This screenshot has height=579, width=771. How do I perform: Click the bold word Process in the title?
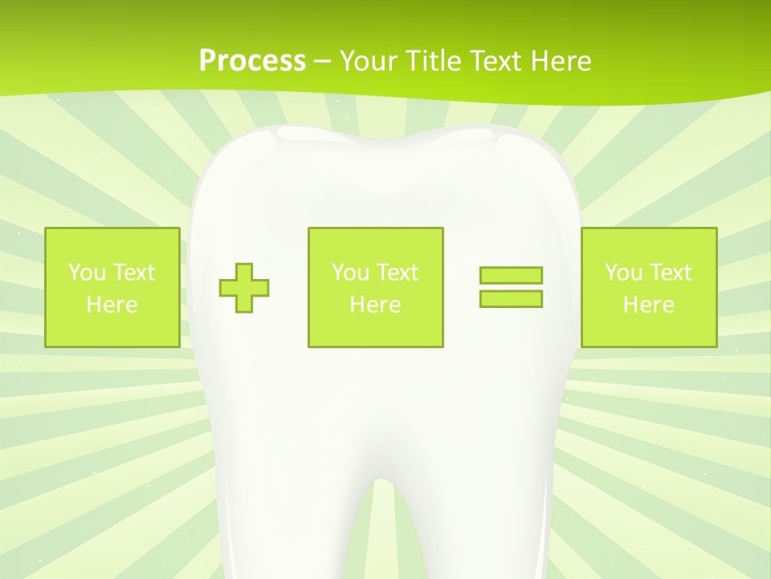click(x=252, y=60)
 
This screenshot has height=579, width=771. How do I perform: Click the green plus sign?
click(x=244, y=287)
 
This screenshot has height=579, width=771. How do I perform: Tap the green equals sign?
click(x=511, y=287)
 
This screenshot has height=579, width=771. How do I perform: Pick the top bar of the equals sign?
click(x=511, y=275)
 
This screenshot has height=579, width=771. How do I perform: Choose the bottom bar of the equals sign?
click(x=511, y=299)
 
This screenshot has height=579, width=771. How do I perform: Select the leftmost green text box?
click(x=112, y=287)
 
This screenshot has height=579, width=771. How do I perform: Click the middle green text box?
click(x=375, y=287)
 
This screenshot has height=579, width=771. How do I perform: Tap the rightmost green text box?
click(x=648, y=287)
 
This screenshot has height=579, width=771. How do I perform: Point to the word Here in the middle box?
click(x=375, y=305)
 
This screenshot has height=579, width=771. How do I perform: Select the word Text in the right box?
click(x=670, y=273)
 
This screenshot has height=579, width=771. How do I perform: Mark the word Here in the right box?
click(x=648, y=305)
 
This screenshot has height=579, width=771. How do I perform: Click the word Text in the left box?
click(x=133, y=273)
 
